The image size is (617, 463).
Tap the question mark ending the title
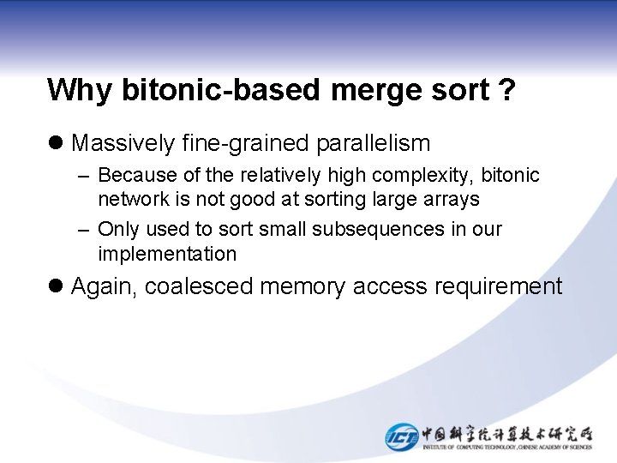pos(507,89)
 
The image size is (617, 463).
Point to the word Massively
pos(123,142)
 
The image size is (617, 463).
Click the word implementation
pos(167,254)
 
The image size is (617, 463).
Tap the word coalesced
pos(199,286)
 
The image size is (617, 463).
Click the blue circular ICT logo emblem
pos(401,436)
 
